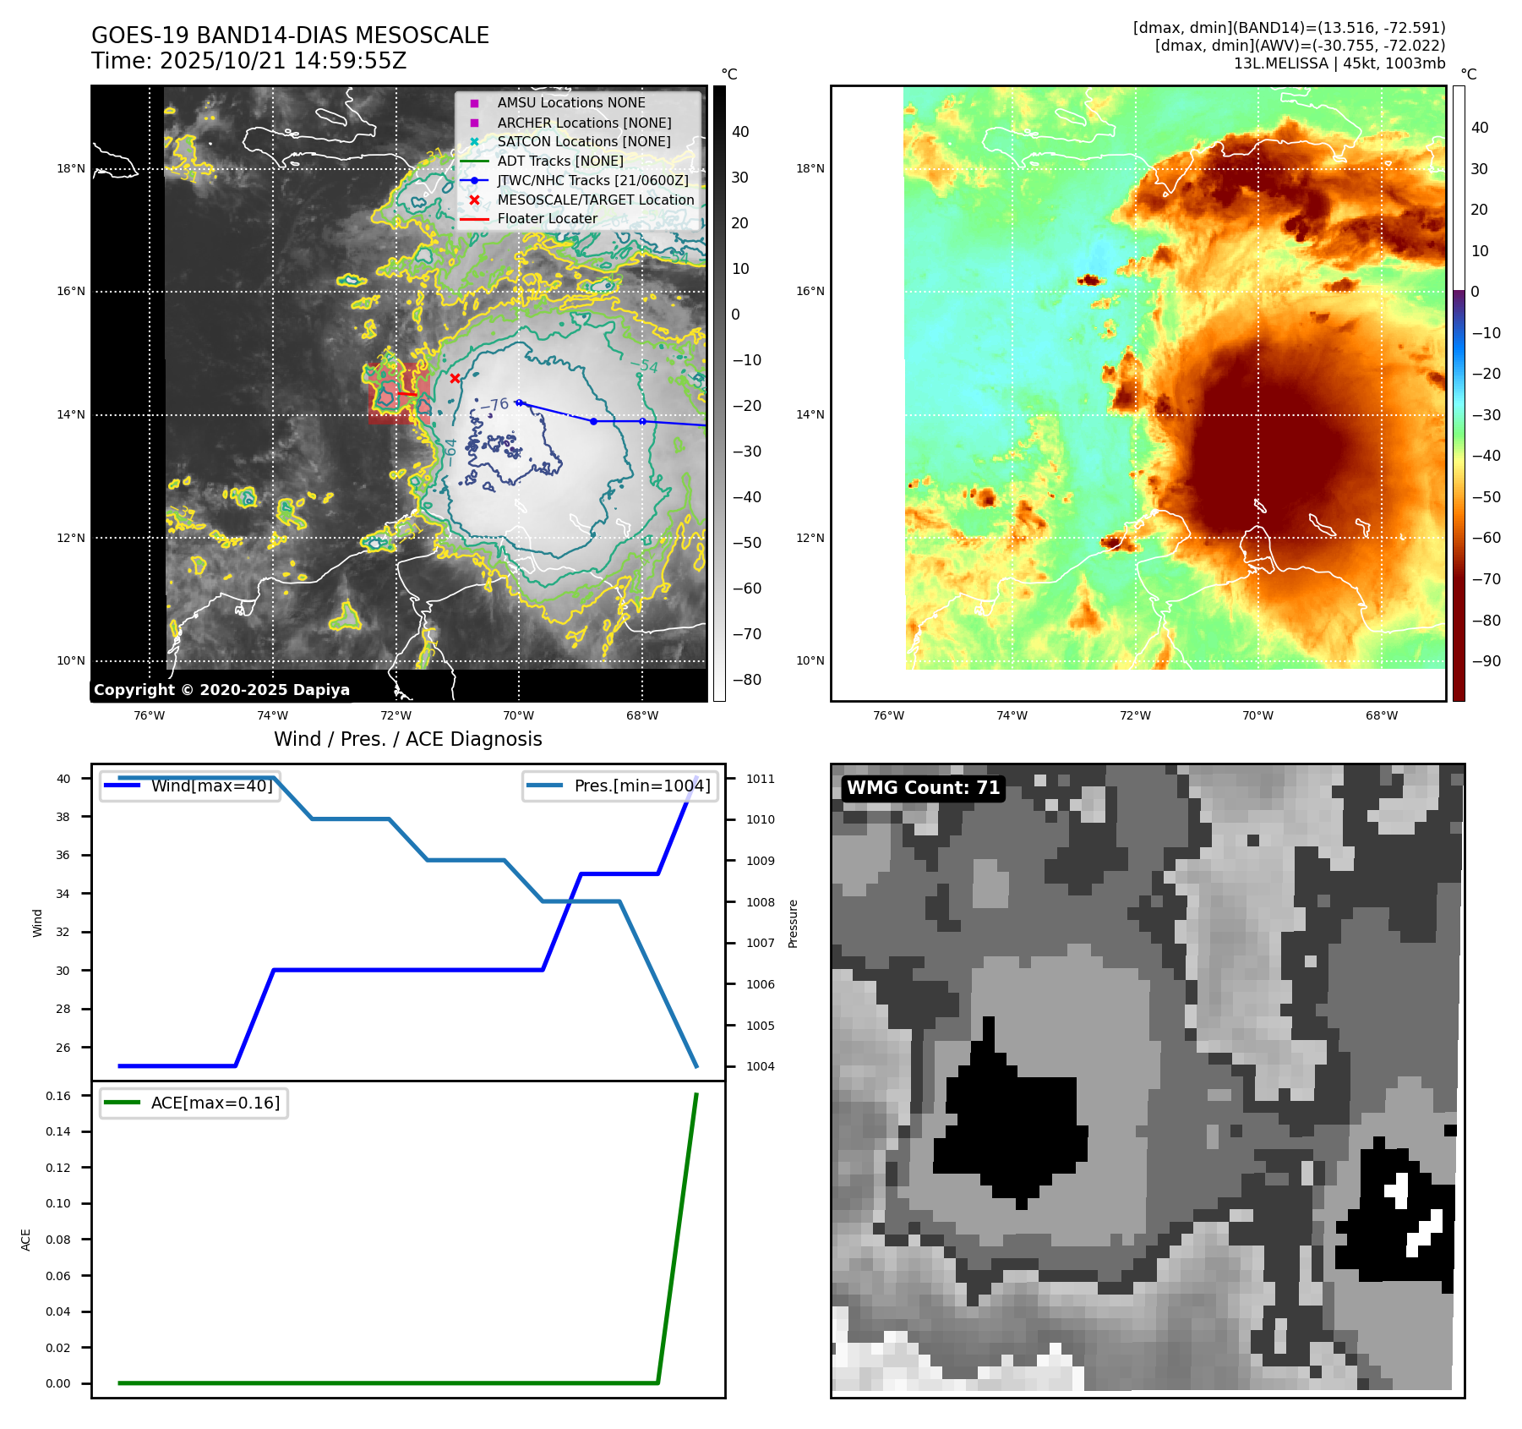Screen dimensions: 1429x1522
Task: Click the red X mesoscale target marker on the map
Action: coord(455,378)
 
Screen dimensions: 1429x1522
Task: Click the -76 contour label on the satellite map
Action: coord(494,405)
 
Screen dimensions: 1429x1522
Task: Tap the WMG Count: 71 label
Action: coord(923,788)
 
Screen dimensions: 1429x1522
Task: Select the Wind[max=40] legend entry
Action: coord(211,786)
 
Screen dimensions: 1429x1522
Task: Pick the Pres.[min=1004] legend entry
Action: coord(641,786)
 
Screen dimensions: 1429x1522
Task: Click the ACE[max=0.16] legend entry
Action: coord(215,1103)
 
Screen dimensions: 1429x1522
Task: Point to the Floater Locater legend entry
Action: coord(547,219)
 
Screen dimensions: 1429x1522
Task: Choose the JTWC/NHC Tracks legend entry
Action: coord(592,180)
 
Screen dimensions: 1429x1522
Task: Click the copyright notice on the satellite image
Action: coord(221,690)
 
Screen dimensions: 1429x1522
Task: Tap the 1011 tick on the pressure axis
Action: coord(761,779)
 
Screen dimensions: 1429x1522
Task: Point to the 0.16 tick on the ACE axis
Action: coord(58,1096)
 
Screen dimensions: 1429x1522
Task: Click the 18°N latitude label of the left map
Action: coord(71,169)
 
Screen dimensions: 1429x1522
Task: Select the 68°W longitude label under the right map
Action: coord(1382,715)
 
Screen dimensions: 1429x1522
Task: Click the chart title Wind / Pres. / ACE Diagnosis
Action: coord(407,739)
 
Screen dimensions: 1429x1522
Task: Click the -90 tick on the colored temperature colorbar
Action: coord(1486,661)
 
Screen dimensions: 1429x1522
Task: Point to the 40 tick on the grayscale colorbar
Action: coord(740,132)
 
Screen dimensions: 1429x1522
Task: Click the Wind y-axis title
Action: coord(37,923)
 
